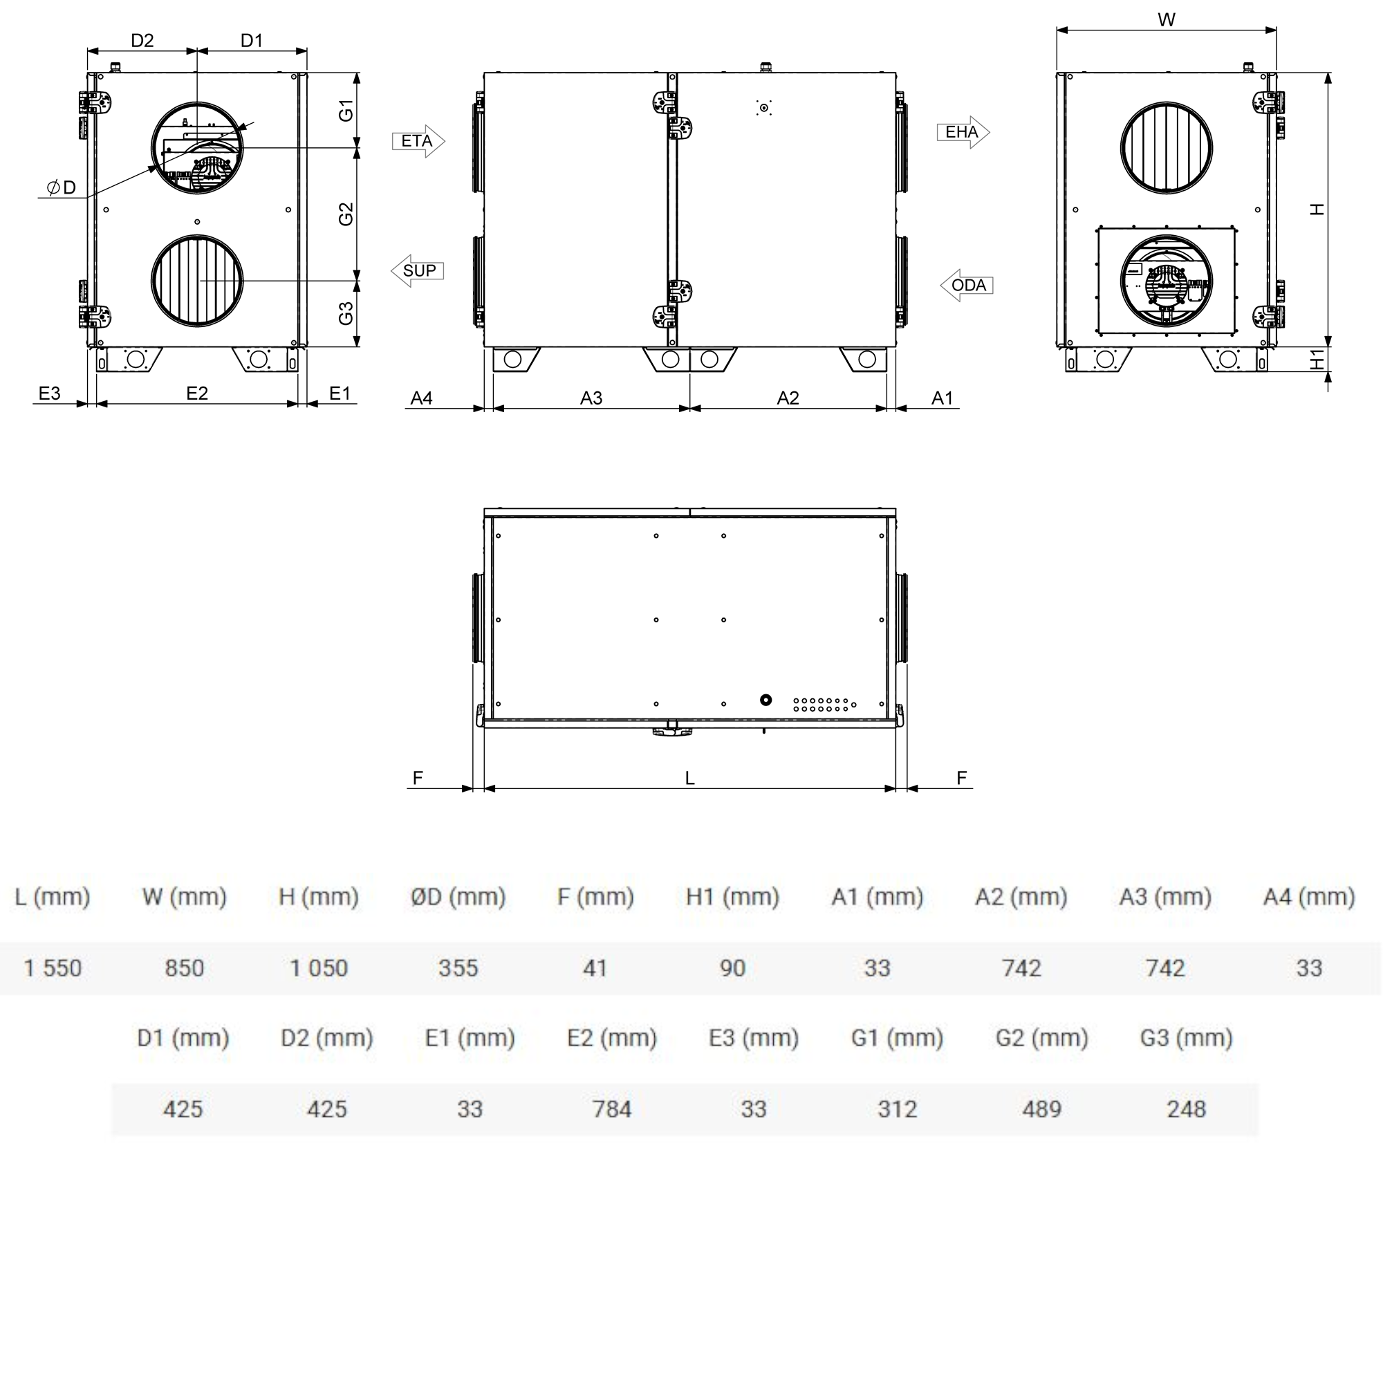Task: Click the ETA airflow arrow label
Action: coord(418,141)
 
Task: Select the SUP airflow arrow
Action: coord(418,270)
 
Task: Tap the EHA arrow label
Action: coord(963,133)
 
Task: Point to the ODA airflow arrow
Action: coord(967,285)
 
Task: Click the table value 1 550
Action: coord(53,968)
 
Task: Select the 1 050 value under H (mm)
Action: coord(319,968)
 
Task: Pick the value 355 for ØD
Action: coord(458,968)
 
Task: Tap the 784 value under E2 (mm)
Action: coord(612,1109)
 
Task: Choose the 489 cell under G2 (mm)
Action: coord(1041,1109)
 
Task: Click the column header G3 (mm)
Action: coord(1186,1037)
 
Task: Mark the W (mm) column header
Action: coord(184,896)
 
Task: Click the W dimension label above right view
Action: coord(1166,20)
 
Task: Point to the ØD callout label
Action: coord(62,187)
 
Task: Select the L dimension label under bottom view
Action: coord(689,778)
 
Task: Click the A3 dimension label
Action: coord(591,398)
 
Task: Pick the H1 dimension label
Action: coord(1317,360)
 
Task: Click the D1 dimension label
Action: coord(251,41)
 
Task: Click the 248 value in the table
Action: coord(1186,1109)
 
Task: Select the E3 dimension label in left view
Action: coord(49,393)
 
